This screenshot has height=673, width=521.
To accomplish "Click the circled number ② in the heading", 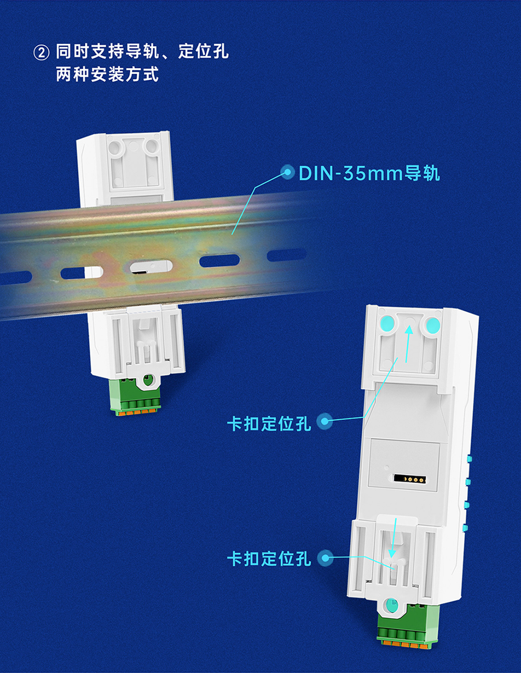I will pos(42,53).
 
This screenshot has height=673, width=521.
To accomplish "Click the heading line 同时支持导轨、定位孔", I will pos(142,53).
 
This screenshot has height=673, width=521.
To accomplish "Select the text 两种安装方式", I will pos(107,75).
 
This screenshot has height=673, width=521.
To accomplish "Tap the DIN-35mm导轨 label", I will pos(369,173).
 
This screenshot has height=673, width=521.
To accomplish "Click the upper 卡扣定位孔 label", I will pos(269,423).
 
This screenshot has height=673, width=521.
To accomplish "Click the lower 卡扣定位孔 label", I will pos(269,559).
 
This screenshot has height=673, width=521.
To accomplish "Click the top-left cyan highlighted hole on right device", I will pos(387,324).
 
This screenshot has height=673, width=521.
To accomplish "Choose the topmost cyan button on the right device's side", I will pos(468,459).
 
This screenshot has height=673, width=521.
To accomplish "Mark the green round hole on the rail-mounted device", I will pos(148,380).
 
